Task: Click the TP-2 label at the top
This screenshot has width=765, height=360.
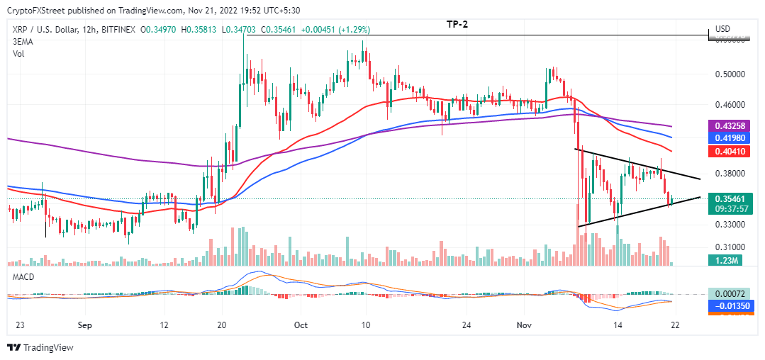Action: point(457,24)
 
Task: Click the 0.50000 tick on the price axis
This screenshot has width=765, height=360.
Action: point(731,74)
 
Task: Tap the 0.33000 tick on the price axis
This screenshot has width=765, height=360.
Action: point(731,225)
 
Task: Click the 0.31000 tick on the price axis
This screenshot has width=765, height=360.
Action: point(731,247)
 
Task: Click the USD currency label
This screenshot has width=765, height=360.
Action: point(723,29)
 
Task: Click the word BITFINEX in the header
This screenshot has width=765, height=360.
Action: point(118,29)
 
